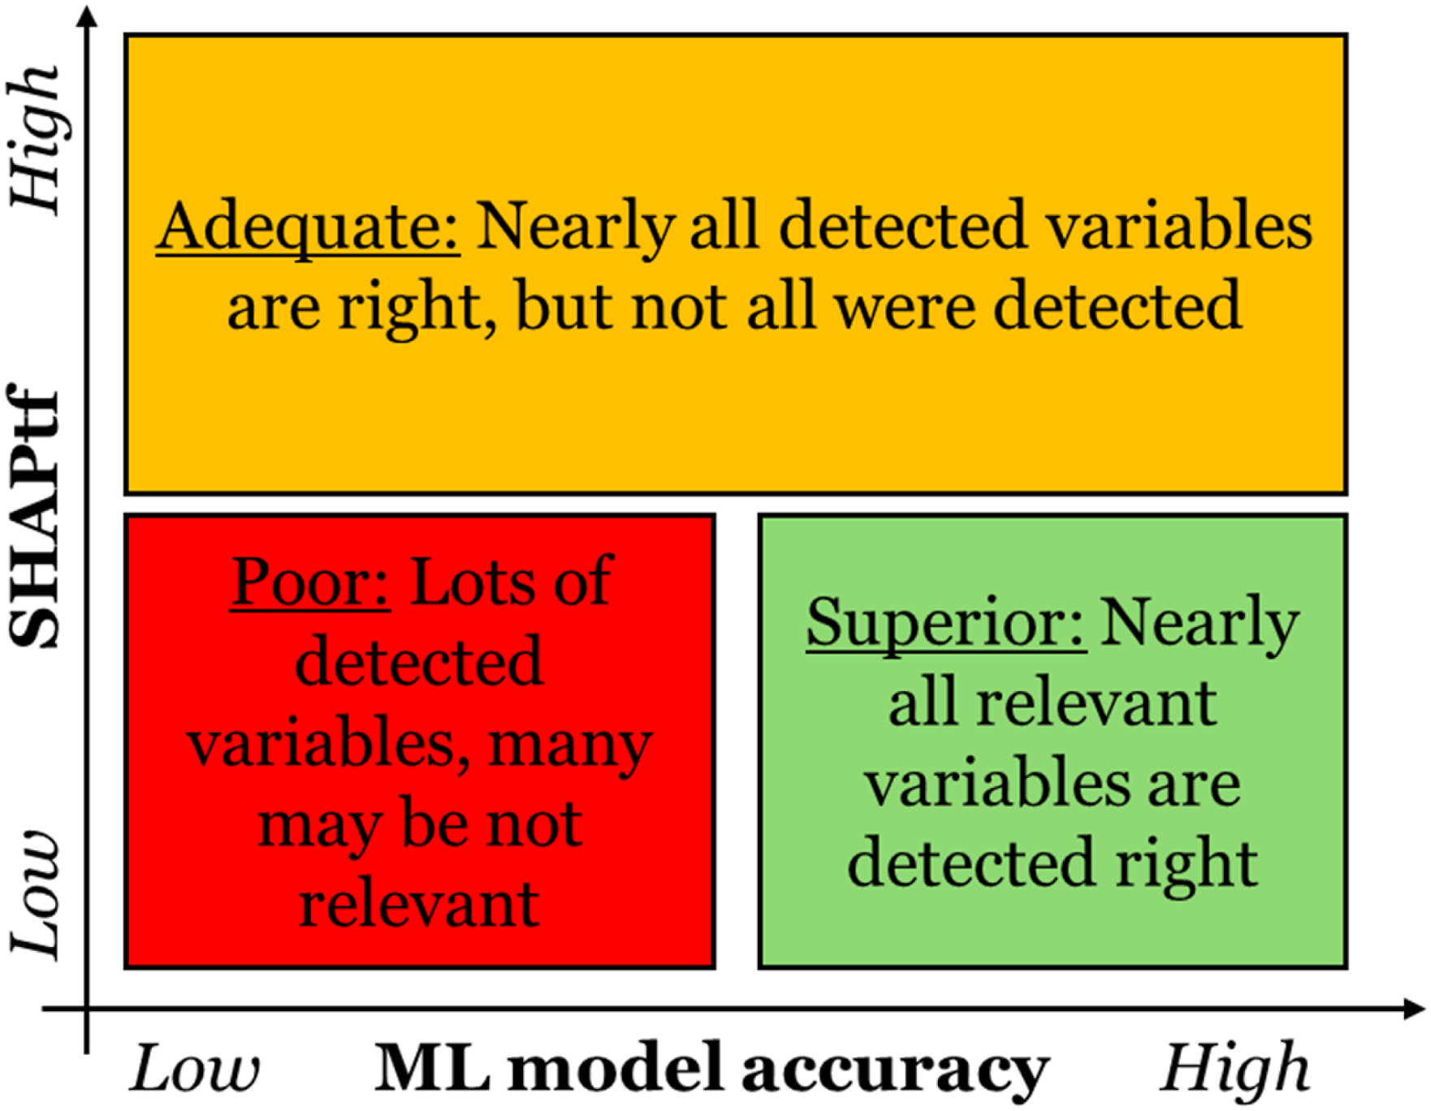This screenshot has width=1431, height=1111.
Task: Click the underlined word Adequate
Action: coord(309,228)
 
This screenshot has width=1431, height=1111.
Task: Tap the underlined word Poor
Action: coord(310,583)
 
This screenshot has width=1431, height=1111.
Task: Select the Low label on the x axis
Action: coord(195,1068)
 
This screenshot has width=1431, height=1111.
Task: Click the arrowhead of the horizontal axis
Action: coord(1414,1009)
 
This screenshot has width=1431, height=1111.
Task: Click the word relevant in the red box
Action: coord(419,904)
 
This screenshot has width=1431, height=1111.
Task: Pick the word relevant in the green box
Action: coord(1096,703)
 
